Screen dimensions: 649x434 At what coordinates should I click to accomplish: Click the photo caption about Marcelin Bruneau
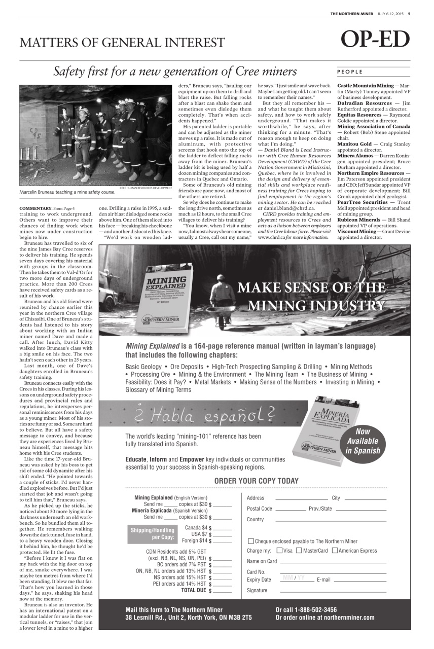(x=67, y=193)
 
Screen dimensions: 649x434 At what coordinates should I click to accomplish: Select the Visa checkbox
(x=280, y=551)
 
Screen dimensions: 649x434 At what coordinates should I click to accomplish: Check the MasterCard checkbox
(x=299, y=551)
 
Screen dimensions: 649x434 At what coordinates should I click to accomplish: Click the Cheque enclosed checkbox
(x=250, y=541)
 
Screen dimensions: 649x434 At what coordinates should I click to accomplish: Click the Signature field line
(x=333, y=591)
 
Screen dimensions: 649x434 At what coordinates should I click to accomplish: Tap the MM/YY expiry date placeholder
(x=294, y=579)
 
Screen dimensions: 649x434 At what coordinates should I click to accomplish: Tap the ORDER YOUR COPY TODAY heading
(x=256, y=481)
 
